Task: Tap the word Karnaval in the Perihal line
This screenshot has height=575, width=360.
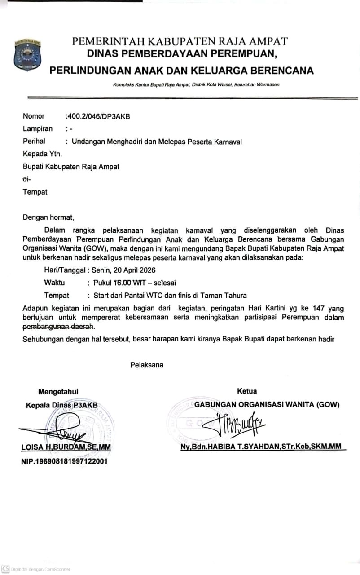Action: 228,142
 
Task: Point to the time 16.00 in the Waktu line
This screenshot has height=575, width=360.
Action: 121,283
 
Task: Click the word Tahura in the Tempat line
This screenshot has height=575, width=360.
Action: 236,296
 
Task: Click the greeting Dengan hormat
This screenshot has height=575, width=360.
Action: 48,218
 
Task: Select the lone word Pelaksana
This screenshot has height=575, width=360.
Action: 147,365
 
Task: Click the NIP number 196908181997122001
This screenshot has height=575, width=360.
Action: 64,461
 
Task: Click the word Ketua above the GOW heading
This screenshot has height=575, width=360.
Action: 246,391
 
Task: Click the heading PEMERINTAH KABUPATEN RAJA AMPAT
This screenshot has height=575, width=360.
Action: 180,41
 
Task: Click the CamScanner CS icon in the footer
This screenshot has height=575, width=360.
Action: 5,568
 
